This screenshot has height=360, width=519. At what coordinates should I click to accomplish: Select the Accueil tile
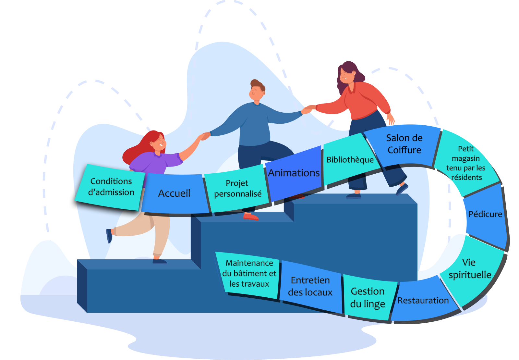pos(175,193)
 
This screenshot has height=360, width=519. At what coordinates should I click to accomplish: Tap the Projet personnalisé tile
pos(238,189)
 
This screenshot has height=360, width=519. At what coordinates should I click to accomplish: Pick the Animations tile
pos(294,173)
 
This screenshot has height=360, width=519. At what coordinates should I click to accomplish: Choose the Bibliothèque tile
pos(350,160)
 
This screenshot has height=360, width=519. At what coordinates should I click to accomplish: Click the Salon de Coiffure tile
pos(404,144)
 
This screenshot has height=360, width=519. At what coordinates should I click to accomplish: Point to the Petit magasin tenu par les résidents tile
pos(466,163)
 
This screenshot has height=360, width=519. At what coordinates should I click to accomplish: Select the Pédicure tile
pos(485,214)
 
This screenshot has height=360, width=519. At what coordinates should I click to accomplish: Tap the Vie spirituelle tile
pos(470,268)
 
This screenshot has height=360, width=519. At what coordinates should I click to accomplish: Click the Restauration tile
pos(423,301)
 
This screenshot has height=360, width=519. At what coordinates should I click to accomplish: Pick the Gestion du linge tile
pos(368,298)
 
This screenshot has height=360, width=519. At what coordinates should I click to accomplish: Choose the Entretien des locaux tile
pos(310,286)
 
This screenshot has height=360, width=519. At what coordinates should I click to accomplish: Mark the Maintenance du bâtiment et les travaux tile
pos(249,273)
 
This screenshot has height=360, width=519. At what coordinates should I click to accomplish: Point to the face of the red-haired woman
pos(159,142)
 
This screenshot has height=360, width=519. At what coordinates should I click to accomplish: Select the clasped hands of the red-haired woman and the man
pos(205,136)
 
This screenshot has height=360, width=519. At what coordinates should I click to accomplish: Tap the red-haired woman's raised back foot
pos(109,235)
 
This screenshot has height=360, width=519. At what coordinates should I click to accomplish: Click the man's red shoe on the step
pos(251,217)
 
